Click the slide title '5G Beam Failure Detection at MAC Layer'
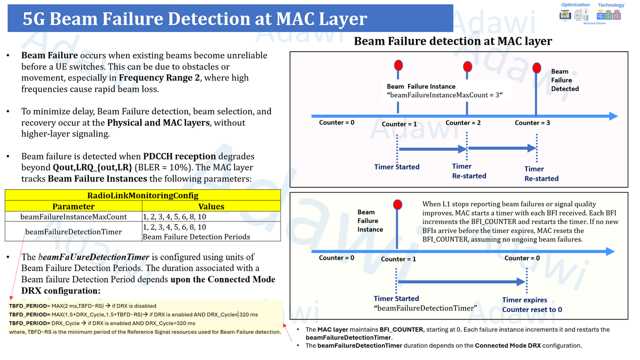195,19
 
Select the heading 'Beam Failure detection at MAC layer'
453,41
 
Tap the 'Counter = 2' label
463,123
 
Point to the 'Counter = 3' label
532,123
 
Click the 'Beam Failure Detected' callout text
564,80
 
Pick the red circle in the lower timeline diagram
397,205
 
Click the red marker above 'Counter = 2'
468,67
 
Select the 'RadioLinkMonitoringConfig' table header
142,196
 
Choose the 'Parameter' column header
74,206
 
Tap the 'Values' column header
211,206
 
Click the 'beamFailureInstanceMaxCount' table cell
74,217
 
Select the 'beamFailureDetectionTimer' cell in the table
74,232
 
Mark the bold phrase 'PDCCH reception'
180,156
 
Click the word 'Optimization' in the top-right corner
575,5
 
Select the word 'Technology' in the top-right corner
611,5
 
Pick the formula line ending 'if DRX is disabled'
83,306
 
